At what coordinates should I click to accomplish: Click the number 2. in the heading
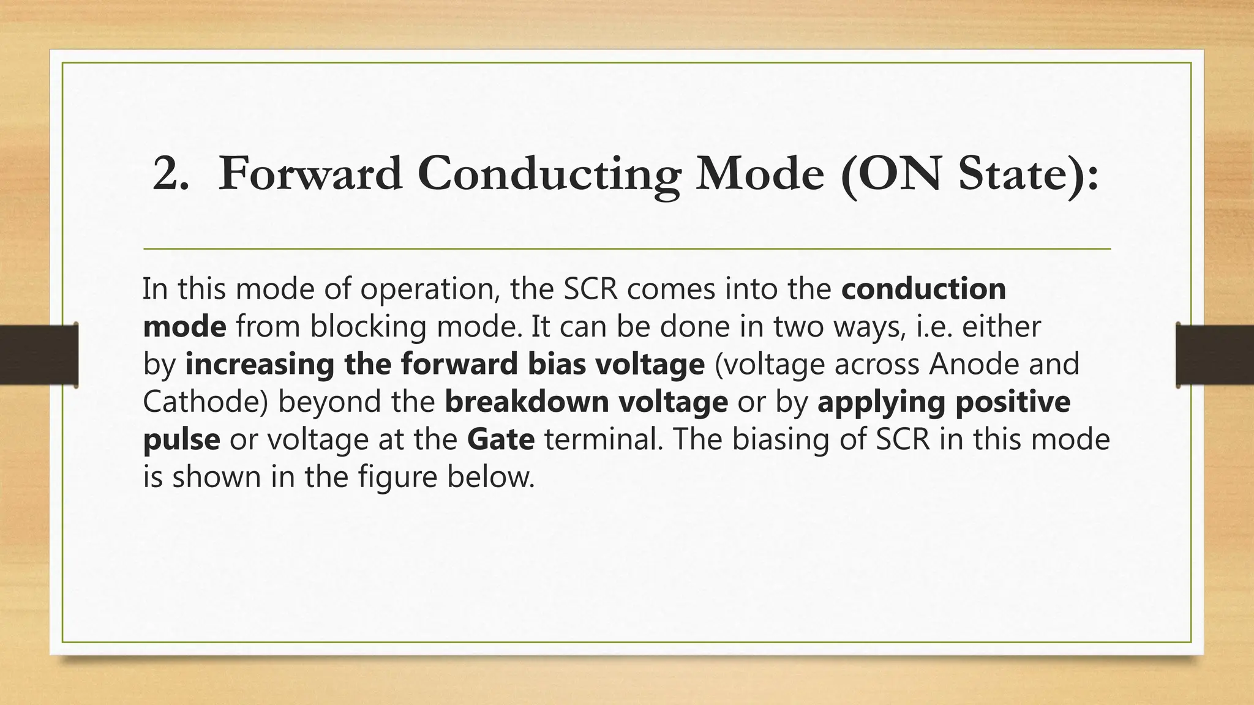click(170, 174)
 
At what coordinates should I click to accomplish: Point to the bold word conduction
click(923, 289)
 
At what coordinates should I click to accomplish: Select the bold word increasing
click(260, 364)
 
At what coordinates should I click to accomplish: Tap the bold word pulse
click(181, 440)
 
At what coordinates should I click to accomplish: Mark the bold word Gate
click(501, 439)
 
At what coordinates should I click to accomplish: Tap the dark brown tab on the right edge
click(1215, 355)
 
